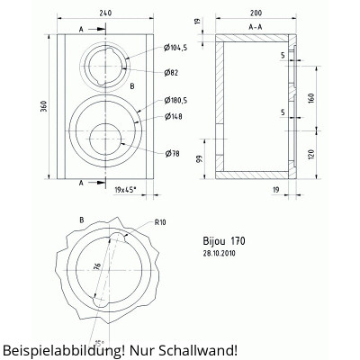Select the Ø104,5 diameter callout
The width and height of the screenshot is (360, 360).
[178, 47]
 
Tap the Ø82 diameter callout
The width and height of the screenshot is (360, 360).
[173, 71]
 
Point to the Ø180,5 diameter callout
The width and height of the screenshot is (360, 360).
[179, 100]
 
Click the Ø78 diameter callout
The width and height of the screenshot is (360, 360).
[173, 152]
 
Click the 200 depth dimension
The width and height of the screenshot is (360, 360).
[256, 15]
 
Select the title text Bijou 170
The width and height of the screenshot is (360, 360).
[225, 241]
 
